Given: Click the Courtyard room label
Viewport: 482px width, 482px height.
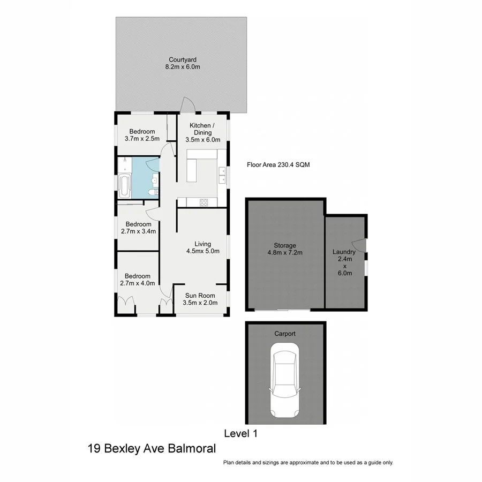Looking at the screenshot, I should (x=182, y=63).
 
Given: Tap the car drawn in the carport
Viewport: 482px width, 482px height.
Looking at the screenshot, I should (x=285, y=381).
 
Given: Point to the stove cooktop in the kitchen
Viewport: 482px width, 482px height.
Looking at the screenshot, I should (x=204, y=202).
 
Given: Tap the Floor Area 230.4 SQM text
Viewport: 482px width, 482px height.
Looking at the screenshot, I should (x=278, y=165).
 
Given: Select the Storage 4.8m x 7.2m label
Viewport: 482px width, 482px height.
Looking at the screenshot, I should (x=285, y=250).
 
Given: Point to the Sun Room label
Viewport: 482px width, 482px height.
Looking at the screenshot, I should (x=200, y=299).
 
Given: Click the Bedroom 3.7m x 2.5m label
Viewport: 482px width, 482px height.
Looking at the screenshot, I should (x=142, y=135).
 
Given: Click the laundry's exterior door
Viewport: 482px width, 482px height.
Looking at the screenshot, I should (x=363, y=245).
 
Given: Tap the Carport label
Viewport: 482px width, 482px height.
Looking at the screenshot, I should (x=285, y=333).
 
